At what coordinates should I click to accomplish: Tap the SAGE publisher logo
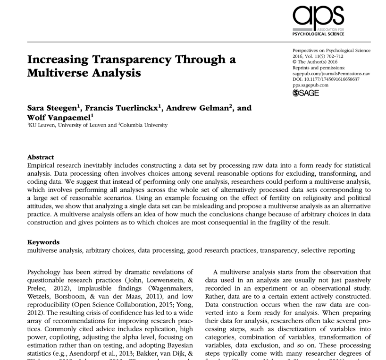(x=306, y=93)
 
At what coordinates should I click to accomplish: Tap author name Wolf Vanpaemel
(x=59, y=117)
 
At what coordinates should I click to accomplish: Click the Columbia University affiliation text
(x=144, y=125)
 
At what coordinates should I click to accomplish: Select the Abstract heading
(x=41, y=157)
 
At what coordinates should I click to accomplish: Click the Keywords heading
(x=43, y=242)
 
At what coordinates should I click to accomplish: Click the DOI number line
(x=326, y=79)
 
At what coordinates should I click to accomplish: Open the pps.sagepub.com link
(x=310, y=85)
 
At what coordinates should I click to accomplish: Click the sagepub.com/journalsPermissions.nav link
(x=331, y=74)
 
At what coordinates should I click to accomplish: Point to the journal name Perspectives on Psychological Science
(x=331, y=51)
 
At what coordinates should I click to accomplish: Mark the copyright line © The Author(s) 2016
(x=315, y=62)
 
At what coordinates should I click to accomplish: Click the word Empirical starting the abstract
(x=43, y=165)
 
